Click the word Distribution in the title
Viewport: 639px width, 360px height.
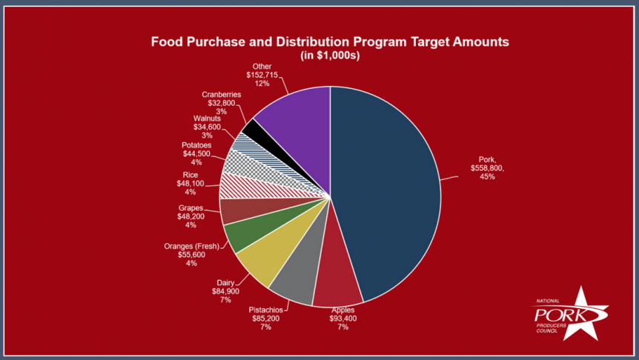click(x=301, y=41)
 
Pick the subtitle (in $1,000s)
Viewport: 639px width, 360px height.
click(x=330, y=56)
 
